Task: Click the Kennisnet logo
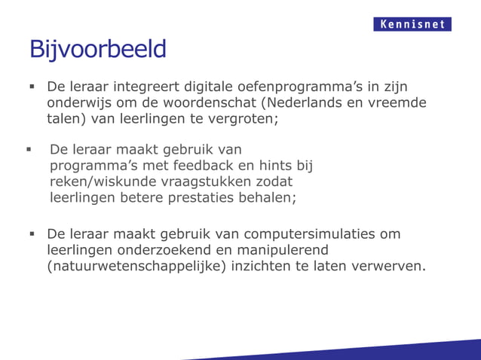point(412,24)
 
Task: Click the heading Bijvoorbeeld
point(97,50)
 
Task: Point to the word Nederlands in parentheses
point(303,102)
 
